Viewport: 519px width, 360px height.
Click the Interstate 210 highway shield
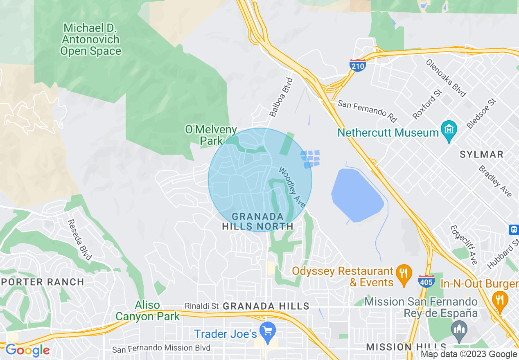357,65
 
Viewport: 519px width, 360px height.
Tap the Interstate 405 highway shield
426,281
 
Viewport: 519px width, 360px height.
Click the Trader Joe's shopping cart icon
268,332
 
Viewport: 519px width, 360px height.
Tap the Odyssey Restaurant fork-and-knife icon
404,274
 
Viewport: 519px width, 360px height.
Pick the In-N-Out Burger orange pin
500,300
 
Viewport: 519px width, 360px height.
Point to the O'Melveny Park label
211,135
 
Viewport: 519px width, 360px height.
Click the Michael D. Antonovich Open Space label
91,40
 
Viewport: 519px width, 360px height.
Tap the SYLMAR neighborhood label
481,154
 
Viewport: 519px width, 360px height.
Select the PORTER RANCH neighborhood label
43,282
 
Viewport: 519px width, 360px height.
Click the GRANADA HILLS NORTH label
258,221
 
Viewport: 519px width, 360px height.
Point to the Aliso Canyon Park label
148,311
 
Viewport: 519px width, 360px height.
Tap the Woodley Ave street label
292,187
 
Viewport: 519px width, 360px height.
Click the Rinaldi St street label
202,306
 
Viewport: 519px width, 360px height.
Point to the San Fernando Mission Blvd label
161,348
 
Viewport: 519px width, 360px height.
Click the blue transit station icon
514,229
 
